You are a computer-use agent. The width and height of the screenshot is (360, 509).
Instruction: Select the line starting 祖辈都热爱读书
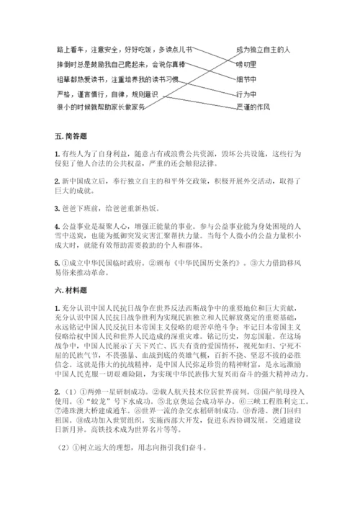(x=123, y=78)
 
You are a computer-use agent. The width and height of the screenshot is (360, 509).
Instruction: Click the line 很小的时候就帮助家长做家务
(x=100, y=107)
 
